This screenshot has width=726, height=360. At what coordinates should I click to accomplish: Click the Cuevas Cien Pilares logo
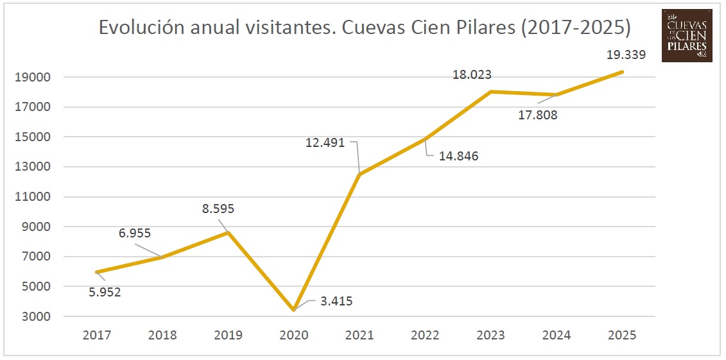point(687,35)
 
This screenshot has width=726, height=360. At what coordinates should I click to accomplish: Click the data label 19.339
point(627,55)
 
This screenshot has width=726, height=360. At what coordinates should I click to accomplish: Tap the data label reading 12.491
point(325,143)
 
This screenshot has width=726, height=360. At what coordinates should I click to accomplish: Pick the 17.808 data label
point(537,116)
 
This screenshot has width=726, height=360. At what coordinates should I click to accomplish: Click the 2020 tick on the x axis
point(293,335)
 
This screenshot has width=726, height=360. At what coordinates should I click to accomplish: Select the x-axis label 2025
point(622,335)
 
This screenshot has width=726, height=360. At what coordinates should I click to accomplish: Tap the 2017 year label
point(96,335)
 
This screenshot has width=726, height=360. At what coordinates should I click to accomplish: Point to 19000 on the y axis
point(33,78)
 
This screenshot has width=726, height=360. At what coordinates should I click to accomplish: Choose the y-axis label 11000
point(33,197)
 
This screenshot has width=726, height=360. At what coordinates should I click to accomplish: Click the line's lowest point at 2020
point(293,310)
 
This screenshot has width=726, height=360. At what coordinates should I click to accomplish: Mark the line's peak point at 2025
point(622,72)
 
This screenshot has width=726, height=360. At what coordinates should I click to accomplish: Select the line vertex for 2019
point(228,232)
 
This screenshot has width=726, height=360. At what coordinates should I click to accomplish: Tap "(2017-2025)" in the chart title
point(576,28)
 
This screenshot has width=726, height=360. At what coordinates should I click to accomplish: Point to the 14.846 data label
point(458,156)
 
